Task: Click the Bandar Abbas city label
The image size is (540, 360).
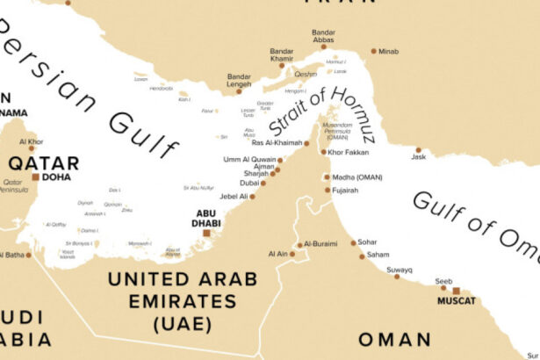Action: coord(323,37)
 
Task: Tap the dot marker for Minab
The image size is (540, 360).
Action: coord(373,51)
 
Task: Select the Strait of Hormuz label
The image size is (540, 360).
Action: coord(321,112)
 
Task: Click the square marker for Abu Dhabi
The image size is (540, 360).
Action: coord(206,233)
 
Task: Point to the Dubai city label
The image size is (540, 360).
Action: coord(249,183)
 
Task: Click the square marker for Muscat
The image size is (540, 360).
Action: coord(457,290)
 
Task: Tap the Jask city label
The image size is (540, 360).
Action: coord(418,157)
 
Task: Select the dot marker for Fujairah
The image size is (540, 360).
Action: coord(328,190)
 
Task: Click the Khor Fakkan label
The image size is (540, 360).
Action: coord(350,152)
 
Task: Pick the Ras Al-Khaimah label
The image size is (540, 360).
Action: coord(277,142)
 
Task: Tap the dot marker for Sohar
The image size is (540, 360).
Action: coord(353,243)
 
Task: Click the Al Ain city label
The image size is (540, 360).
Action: coord(277,254)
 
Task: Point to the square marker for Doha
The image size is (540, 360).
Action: coord(35,176)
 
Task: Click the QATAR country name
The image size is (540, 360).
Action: coord(43,162)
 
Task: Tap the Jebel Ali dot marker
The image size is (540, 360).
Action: coord(253,196)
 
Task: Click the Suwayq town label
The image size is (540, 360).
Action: coord(400,270)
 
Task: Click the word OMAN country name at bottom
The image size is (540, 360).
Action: coord(393,339)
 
